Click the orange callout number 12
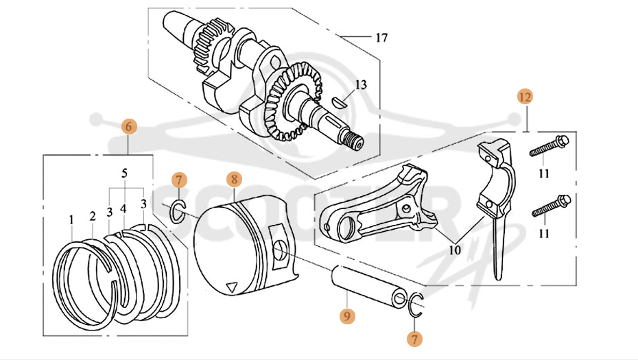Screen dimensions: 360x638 click(525, 97)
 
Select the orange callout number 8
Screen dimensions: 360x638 click(234, 180)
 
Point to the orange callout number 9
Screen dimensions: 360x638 click(347, 316)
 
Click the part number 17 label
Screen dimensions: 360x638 click(381, 37)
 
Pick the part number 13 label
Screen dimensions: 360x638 click(361, 85)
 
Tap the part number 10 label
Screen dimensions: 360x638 click(454, 250)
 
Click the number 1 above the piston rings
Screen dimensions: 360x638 click(71, 219)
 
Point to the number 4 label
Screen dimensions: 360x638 click(123, 207)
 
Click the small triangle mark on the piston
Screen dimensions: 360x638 click(233, 286)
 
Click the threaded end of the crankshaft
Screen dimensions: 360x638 click(354, 142)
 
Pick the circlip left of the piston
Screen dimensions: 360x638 click(176, 213)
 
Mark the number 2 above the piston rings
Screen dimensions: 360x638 click(93, 217)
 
